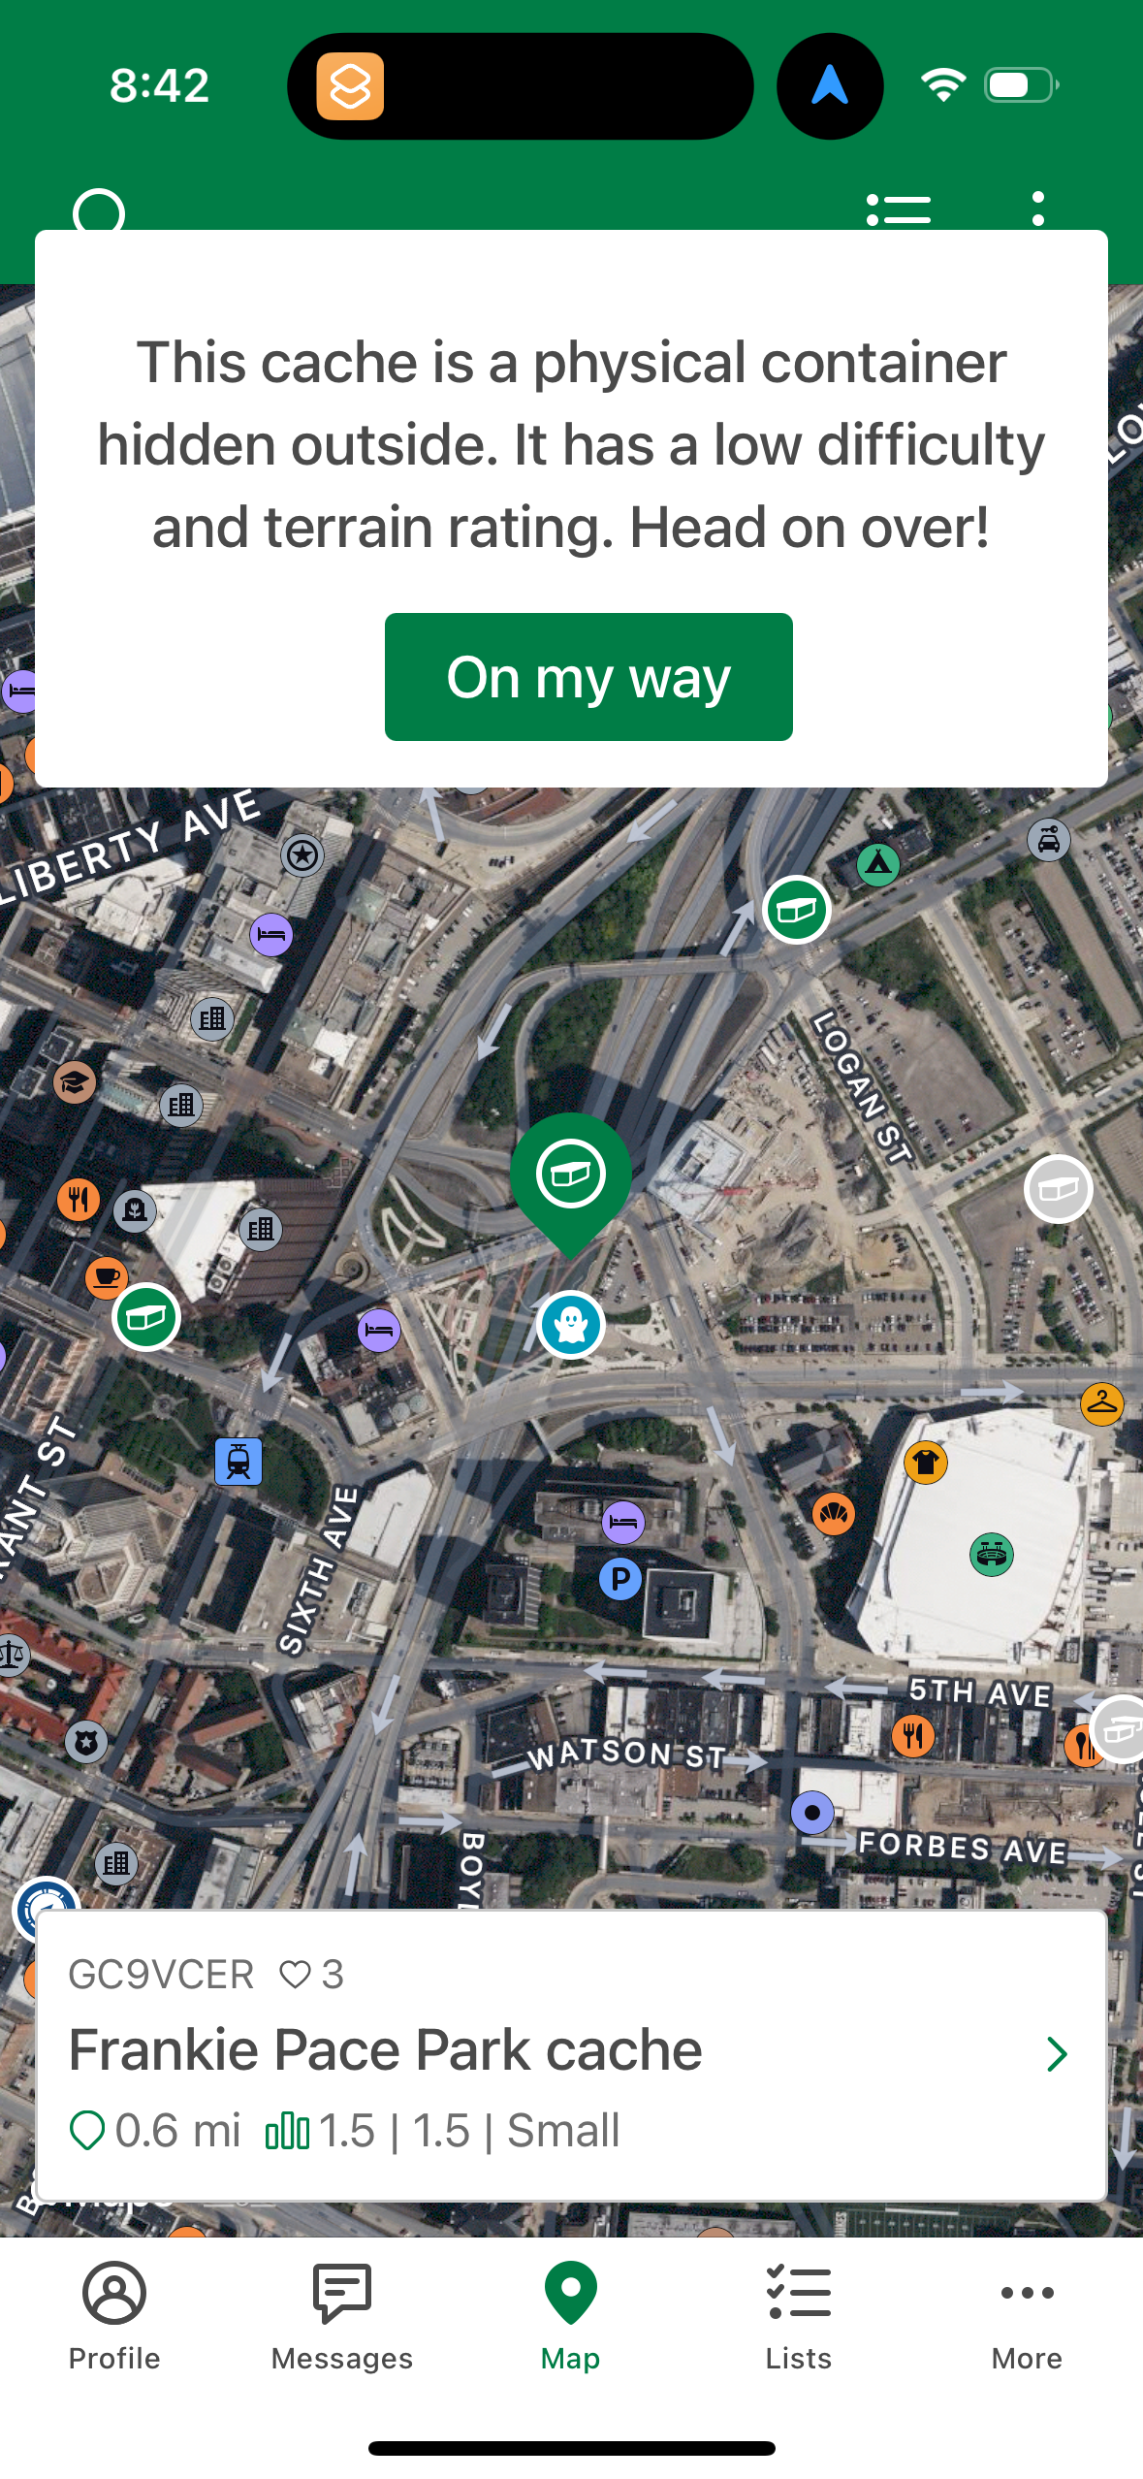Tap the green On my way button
pos(588,677)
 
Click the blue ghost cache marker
pos(571,1324)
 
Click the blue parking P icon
pos(620,1579)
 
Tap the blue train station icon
pos(238,1461)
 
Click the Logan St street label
pos(862,1087)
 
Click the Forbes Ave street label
pos(963,1847)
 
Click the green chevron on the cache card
pos(1057,2053)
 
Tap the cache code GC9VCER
pos(161,1975)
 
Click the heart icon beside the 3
pos(295,1975)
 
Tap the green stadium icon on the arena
pos(991,1555)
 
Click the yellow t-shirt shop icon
pos(926,1462)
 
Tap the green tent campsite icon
pos(878,863)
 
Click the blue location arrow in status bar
pos(830,85)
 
